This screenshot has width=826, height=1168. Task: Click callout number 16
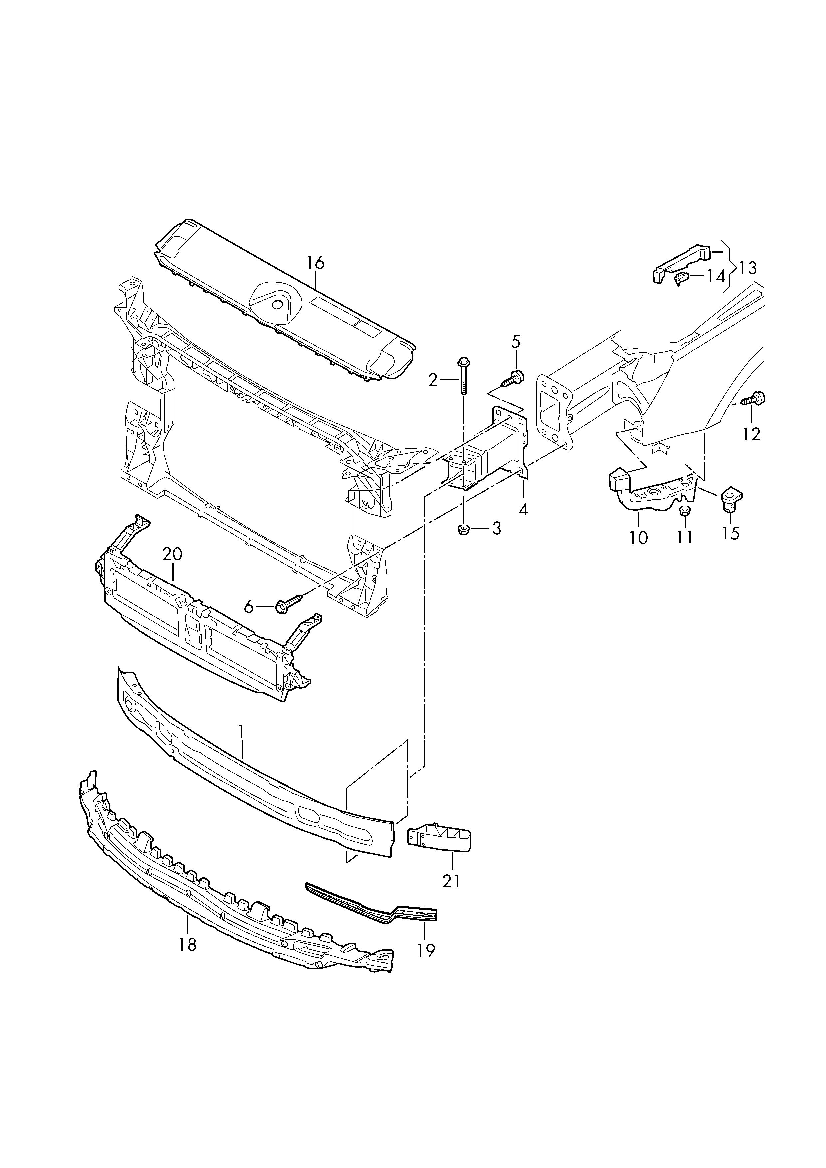point(315,263)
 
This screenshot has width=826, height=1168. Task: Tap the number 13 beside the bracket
point(748,268)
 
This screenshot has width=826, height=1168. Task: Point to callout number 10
point(638,538)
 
